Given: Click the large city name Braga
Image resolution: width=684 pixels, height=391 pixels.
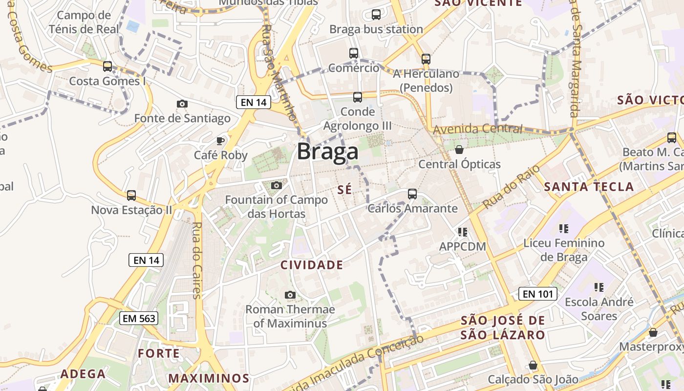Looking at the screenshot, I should [327, 152].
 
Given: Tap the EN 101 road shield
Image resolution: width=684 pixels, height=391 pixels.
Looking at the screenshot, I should [537, 294].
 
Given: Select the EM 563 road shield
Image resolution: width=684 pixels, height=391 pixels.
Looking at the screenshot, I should [139, 319].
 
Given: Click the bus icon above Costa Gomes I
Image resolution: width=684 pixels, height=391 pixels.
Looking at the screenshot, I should [107, 66].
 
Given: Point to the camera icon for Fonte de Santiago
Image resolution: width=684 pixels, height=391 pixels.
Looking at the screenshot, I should [182, 104].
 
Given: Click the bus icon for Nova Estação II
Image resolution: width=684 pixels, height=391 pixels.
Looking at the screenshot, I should [131, 195].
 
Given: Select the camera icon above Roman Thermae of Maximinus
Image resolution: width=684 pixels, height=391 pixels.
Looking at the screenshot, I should [290, 295].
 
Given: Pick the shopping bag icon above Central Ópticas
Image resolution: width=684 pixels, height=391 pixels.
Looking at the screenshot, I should [459, 149].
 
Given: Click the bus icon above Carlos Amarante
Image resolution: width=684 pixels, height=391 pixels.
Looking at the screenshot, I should [412, 194].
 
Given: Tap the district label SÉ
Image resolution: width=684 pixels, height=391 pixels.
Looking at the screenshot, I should [344, 190].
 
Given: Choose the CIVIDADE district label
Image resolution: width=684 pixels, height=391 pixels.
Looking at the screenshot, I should [312, 265].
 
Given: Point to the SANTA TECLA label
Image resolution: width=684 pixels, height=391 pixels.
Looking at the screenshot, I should [589, 186].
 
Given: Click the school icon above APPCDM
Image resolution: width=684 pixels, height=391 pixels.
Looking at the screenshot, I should [462, 232].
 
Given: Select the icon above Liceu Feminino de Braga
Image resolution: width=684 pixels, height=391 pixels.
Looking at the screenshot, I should [564, 228].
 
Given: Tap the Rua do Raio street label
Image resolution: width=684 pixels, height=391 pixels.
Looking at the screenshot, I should [512, 187].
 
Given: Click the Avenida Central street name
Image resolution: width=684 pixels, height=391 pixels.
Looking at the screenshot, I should [477, 130].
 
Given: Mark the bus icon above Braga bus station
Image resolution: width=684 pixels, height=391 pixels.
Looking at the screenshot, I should [376, 15].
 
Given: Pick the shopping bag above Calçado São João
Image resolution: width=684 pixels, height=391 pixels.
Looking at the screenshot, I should [533, 365].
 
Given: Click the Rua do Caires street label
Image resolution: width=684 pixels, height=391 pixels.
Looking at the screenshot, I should [196, 260].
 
